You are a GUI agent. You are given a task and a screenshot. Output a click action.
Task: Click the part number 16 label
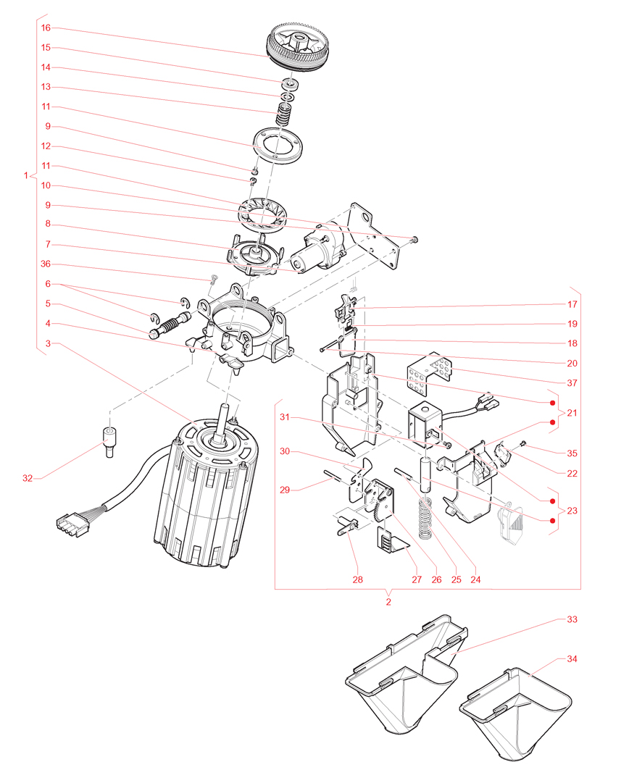pyautogui.click(x=46, y=28)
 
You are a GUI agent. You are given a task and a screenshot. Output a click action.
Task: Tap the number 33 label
pyautogui.click(x=572, y=620)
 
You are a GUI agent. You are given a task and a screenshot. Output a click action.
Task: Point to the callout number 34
pyautogui.click(x=572, y=659)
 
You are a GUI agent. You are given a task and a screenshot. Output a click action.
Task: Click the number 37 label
pyautogui.click(x=572, y=382)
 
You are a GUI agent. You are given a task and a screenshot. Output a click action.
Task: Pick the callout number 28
pyautogui.click(x=357, y=579)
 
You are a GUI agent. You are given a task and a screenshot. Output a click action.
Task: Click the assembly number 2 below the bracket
pyautogui.click(x=388, y=601)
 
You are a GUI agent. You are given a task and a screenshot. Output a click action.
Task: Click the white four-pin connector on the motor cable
pyautogui.click(x=71, y=524)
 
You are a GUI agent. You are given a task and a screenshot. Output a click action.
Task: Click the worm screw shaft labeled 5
pyautogui.click(x=172, y=323)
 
